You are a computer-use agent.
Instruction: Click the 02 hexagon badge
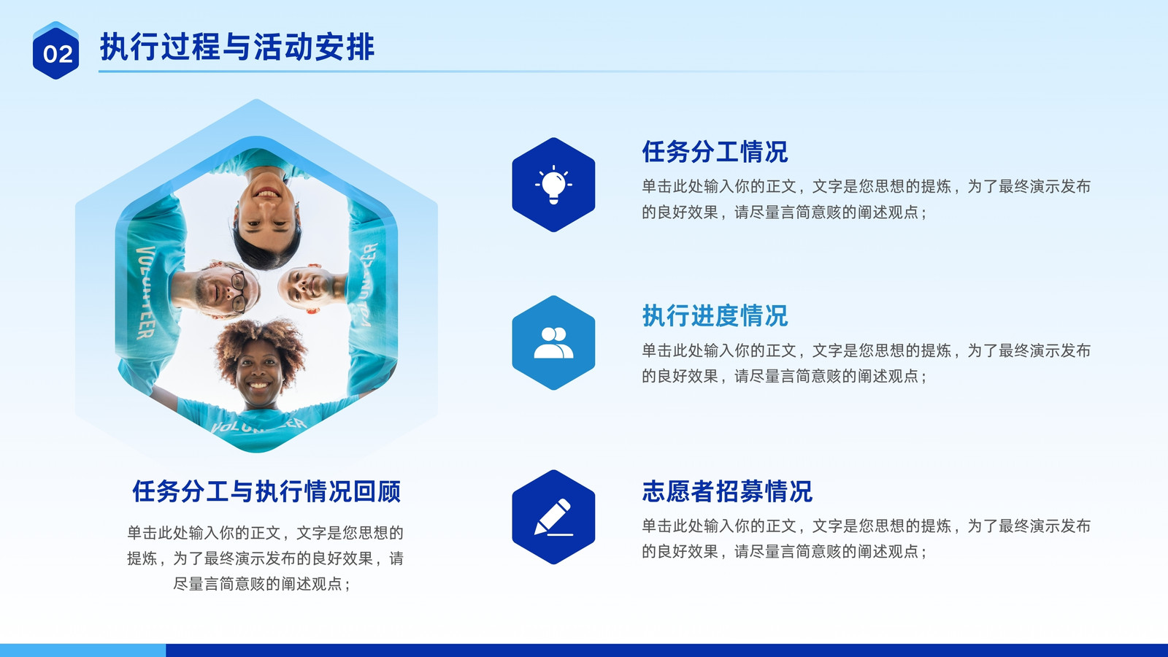point(55,50)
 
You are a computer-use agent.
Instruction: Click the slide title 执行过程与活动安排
point(237,47)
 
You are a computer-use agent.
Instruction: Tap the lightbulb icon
point(553,185)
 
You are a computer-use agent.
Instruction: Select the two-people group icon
point(553,342)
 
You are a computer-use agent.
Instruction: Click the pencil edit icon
point(553,517)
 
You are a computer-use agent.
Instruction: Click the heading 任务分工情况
point(715,152)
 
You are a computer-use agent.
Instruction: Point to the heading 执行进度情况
point(715,315)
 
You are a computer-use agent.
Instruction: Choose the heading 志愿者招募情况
point(727,491)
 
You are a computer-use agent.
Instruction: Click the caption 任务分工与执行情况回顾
point(266,491)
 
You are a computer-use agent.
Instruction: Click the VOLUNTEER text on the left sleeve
point(146,293)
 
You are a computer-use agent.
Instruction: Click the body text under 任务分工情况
point(866,199)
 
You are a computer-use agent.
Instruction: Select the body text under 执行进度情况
point(866,363)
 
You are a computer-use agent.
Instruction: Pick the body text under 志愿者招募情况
point(866,538)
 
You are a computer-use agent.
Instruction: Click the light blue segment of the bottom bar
point(83,650)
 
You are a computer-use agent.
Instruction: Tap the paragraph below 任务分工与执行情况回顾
point(265,558)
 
